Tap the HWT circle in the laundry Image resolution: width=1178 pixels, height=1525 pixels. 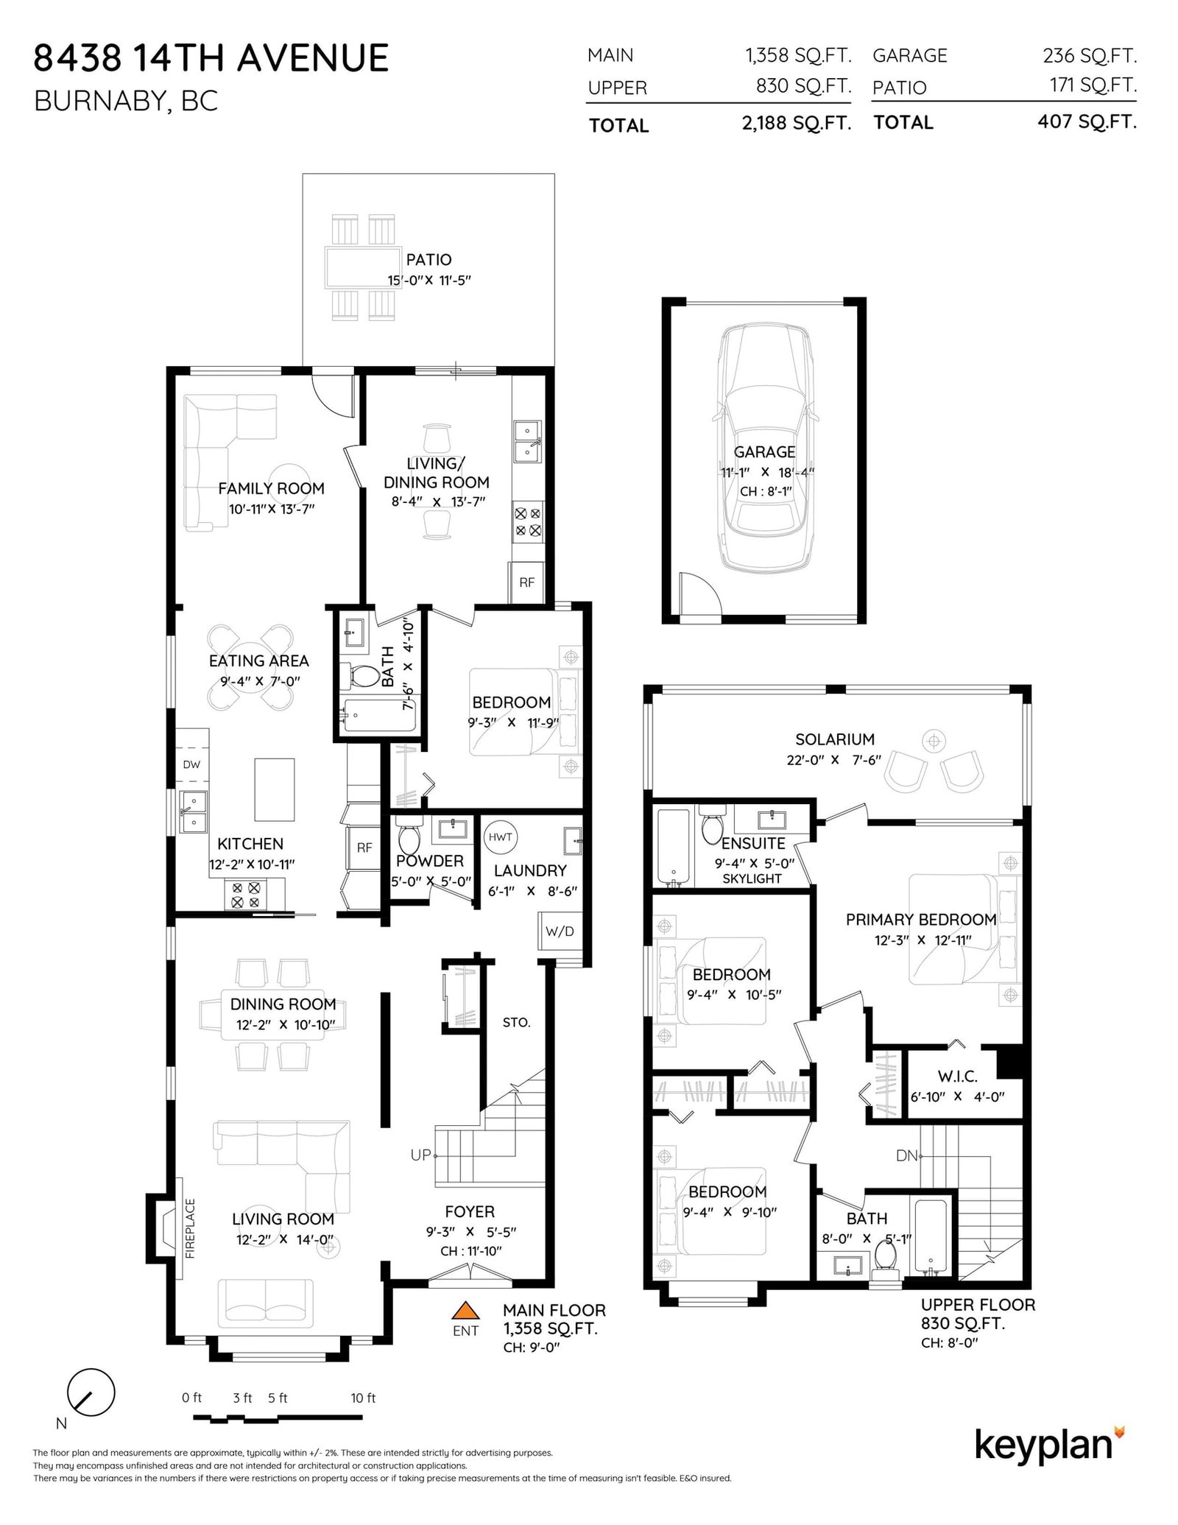pos(500,837)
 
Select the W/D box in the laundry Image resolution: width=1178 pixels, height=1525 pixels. pos(560,931)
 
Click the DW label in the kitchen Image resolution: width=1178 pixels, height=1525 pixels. pos(191,764)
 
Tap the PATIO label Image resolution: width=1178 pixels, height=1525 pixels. pos(428,259)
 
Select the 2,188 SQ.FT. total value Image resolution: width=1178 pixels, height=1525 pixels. pos(796,123)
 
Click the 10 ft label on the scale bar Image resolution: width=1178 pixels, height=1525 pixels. pos(363,1398)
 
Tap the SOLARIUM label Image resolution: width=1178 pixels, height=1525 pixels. pos(834,739)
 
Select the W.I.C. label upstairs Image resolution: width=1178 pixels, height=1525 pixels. pos(957,1077)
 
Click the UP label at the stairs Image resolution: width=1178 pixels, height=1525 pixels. pos(420,1155)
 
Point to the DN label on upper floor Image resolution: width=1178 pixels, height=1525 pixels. pos(906,1156)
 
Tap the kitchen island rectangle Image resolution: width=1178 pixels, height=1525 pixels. pos(274,789)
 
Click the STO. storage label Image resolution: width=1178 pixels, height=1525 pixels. pos(516,1022)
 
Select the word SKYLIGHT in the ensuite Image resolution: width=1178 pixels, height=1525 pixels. pos(752,878)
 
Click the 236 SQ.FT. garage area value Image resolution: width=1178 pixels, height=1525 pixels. pos(1089,55)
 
